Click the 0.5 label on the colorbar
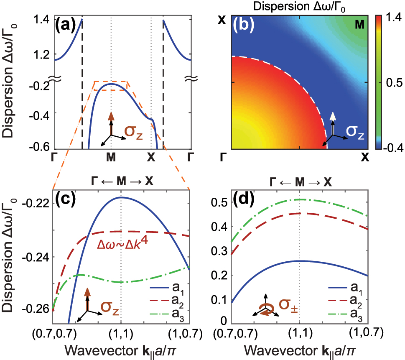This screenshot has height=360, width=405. [391, 84]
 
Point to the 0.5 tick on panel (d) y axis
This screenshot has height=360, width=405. [222, 202]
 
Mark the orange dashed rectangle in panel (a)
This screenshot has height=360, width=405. [110, 86]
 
